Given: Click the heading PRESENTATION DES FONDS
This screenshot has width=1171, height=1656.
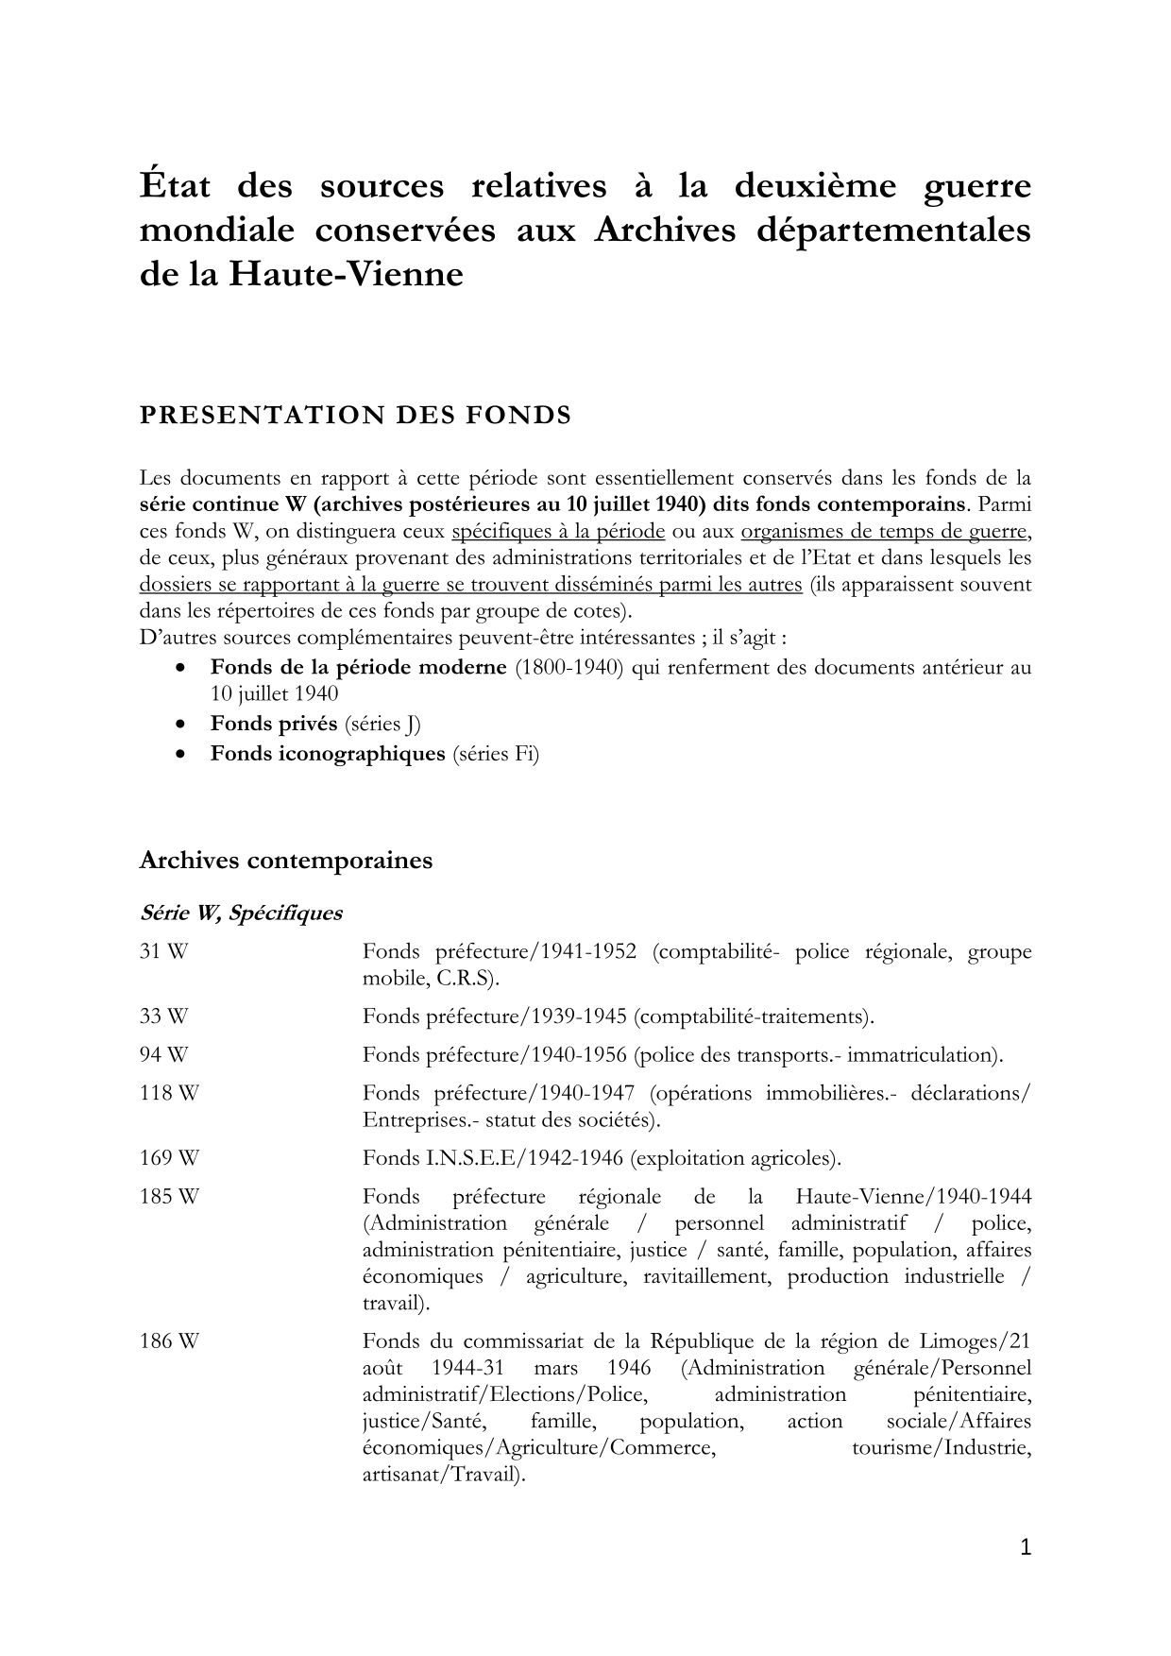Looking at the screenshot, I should coord(355,416).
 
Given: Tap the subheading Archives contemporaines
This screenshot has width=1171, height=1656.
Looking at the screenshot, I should coord(285,861).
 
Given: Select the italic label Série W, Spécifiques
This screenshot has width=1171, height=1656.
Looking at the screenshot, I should coord(241,913).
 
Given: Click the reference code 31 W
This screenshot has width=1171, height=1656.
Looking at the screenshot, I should coord(163,952).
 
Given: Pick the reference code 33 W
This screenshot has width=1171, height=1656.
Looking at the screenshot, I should coord(163,1017).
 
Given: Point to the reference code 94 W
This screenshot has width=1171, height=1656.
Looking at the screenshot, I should coord(163,1055).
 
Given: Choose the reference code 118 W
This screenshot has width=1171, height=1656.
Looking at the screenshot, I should coord(169,1094).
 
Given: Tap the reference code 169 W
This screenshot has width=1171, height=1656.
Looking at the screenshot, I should coord(169,1158).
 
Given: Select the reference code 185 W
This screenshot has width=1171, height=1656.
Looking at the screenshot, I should coord(169,1197).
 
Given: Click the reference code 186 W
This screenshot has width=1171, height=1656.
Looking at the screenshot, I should coord(169,1341).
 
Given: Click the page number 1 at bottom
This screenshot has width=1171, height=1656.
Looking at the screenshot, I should coord(1027,1547).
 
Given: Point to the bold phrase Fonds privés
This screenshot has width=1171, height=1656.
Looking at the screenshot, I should coord(274,724).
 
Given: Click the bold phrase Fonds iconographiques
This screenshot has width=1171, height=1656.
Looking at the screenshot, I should coord(328,754).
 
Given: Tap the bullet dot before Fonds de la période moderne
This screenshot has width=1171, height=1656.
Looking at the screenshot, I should coord(180,668).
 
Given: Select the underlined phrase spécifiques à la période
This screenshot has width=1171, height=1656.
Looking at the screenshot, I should coord(559,532).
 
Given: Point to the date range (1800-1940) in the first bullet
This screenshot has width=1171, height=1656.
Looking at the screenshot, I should coord(569,668).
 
